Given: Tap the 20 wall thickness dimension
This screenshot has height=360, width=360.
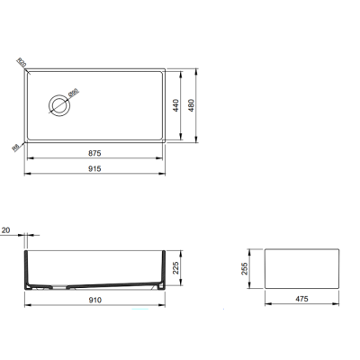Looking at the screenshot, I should pyautogui.click(x=8, y=231).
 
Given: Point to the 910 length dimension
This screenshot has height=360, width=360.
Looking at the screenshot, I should pyautogui.click(x=94, y=298).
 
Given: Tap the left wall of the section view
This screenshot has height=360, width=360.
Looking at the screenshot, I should pyautogui.click(x=25, y=265).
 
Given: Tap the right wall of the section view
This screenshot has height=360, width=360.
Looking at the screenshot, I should pyautogui.click(x=164, y=265).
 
